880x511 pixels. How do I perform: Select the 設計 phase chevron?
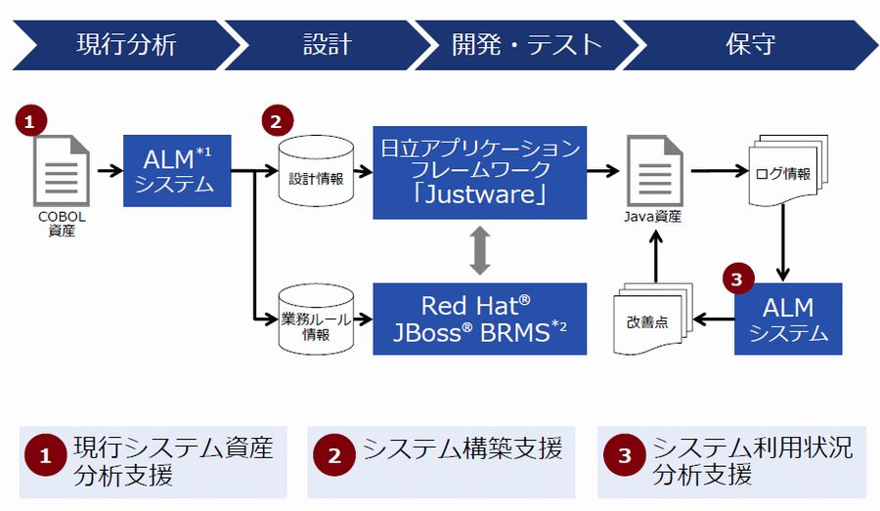[327, 44]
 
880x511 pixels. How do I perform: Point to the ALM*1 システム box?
[177, 171]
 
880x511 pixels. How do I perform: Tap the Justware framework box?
[479, 172]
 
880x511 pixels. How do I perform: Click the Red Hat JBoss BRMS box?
[479, 319]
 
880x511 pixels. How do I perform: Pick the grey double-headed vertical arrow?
[478, 251]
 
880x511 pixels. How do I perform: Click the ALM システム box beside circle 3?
[788, 319]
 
